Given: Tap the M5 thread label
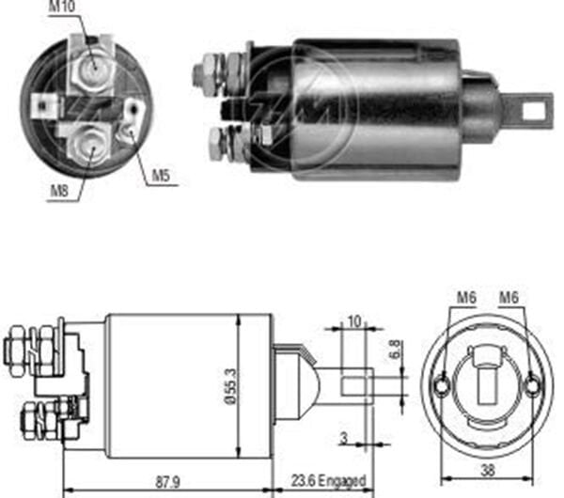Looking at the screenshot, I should (162, 176).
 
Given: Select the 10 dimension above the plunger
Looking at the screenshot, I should (353, 320).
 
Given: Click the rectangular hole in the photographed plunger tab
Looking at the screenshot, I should (533, 111).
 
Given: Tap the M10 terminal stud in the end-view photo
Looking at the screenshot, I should (93, 67).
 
